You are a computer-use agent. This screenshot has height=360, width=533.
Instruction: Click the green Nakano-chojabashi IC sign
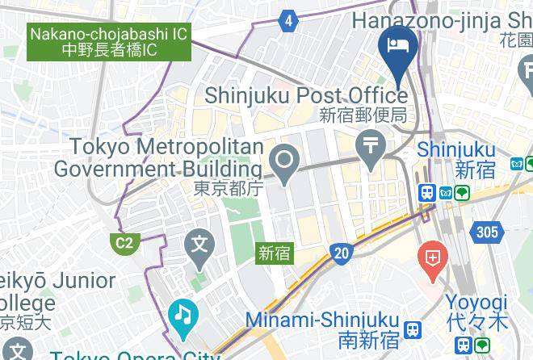click(110, 43)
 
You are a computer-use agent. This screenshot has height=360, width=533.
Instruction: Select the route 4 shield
click(289, 22)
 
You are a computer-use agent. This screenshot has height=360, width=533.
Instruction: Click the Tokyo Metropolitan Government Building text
click(158, 158)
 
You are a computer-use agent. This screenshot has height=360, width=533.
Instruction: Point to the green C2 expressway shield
click(124, 242)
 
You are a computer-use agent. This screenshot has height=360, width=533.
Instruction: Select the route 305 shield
click(487, 233)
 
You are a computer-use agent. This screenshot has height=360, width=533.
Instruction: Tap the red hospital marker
click(433, 261)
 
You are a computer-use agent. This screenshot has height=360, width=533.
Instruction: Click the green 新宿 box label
click(275, 253)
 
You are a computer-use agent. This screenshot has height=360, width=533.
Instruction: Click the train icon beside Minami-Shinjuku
click(413, 329)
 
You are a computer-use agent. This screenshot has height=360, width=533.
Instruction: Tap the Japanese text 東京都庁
click(229, 189)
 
